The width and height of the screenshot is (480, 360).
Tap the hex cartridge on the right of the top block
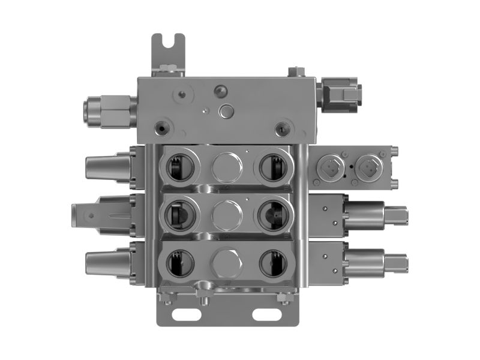point(342,95)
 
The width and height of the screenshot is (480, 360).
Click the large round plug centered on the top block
point(227,111)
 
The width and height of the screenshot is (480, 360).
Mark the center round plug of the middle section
point(226,215)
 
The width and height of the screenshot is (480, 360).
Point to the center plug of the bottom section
point(226,263)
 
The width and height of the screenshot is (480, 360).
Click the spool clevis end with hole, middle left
point(87,214)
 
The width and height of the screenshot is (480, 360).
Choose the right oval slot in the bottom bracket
point(266,314)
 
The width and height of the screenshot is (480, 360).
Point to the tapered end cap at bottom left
point(107,263)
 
